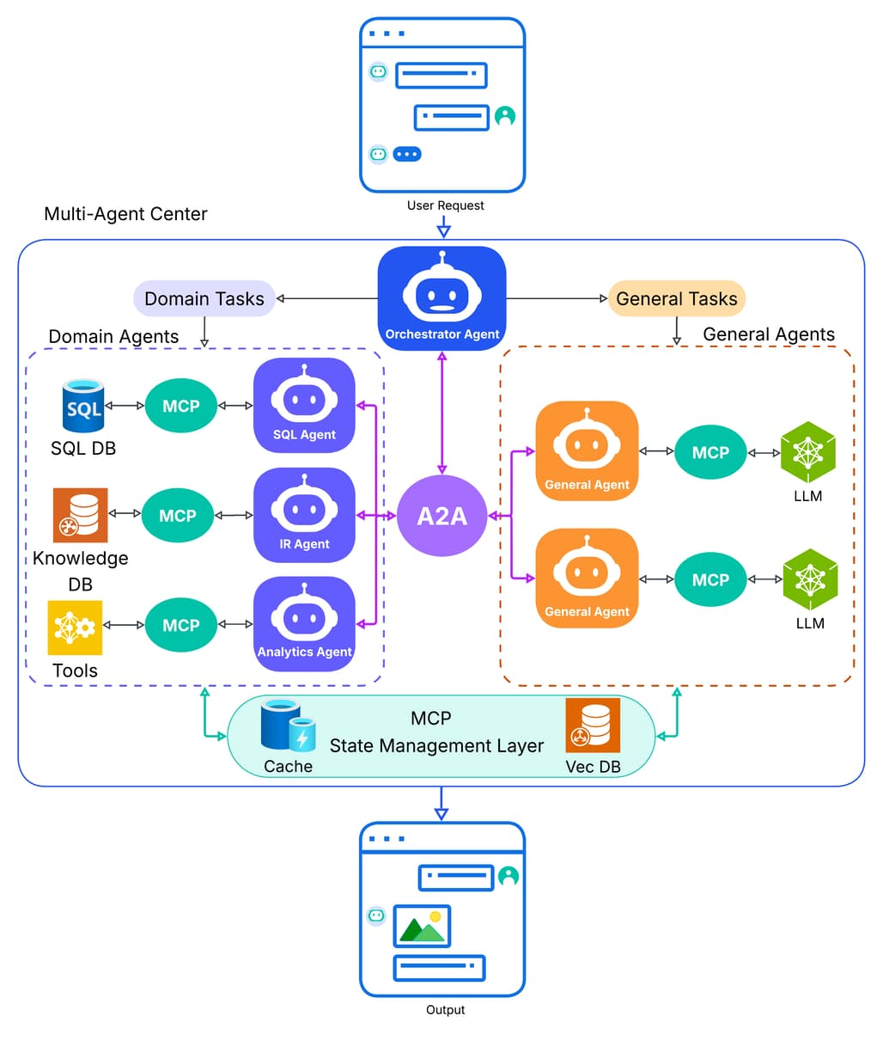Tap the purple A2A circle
click(441, 516)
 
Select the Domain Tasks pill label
click(204, 299)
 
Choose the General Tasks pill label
click(676, 299)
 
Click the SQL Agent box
click(304, 406)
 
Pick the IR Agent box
click(304, 515)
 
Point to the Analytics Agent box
click(304, 624)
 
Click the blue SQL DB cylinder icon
click(84, 407)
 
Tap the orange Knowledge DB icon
click(81, 515)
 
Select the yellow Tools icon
click(76, 628)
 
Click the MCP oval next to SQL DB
click(181, 406)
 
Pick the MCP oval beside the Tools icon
click(181, 625)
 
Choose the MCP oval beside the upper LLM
click(710, 453)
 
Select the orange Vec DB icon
click(593, 726)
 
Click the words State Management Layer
click(436, 746)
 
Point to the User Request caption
click(445, 205)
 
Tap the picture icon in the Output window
click(422, 926)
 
